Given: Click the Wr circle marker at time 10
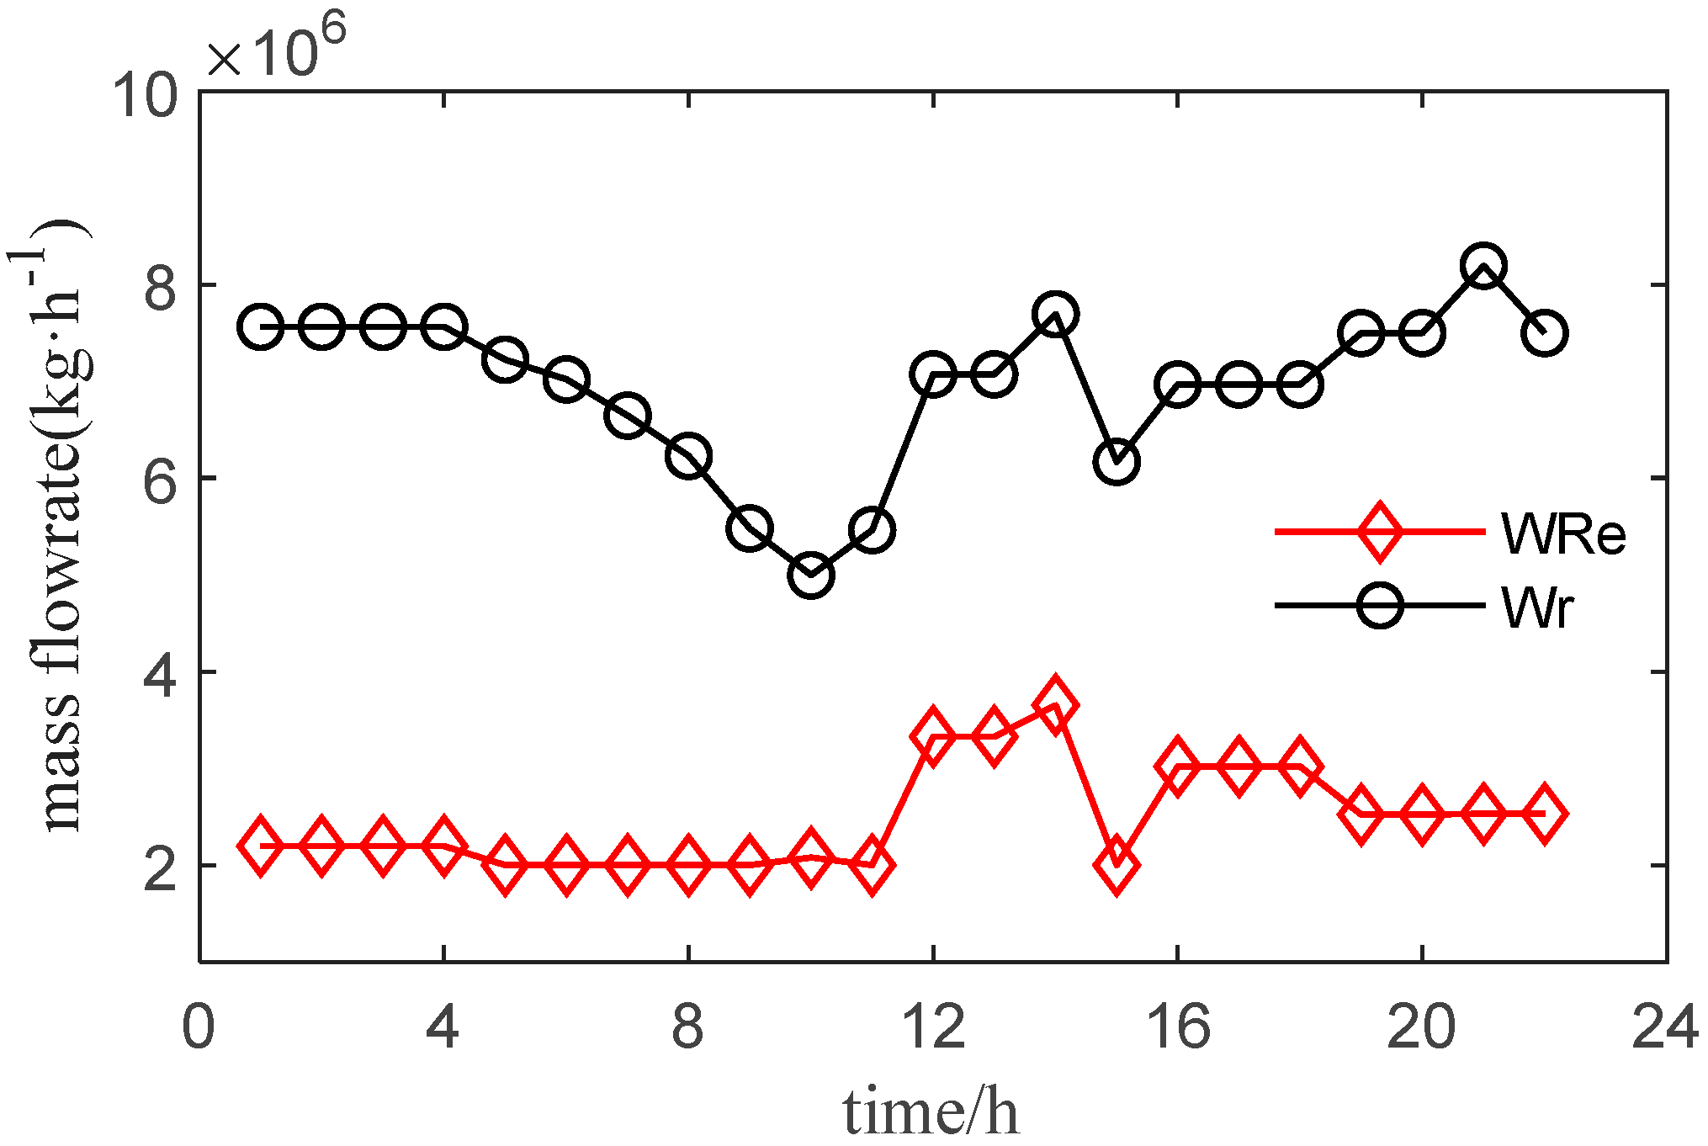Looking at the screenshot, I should tap(810, 576).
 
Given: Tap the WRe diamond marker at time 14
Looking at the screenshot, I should tap(1055, 703).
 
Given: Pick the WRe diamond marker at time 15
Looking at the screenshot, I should tap(1117, 864).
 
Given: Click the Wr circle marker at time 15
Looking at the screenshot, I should tap(1117, 461).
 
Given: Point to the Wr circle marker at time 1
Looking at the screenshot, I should tap(260, 326).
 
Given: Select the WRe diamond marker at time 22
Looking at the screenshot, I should tap(1544, 813).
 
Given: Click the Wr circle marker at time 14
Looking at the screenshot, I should tap(1055, 315).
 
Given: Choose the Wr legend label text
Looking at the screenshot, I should tap(1536, 607).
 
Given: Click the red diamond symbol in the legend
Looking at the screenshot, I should tap(1379, 531).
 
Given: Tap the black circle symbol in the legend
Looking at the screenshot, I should tap(1379, 605).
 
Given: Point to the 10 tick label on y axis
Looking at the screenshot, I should tap(145, 94).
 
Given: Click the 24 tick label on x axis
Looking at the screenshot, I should tap(1664, 1027).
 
